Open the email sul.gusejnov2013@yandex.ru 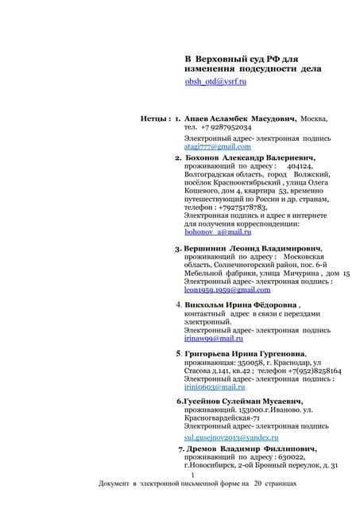point(231,437)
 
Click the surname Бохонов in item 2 point(202,157)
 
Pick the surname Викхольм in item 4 point(204,305)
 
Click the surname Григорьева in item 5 point(209,353)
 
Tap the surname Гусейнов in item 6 point(208,402)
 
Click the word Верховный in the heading point(223,59)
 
